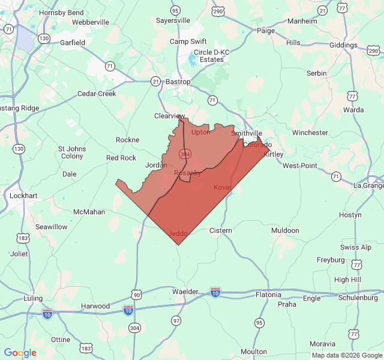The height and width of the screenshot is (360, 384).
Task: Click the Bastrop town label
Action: [178, 82]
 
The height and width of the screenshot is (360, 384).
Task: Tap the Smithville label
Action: [247, 133]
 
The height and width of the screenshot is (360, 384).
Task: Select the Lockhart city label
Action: [23, 196]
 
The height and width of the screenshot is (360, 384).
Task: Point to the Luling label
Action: [33, 298]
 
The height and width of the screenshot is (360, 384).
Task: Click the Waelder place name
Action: [185, 292]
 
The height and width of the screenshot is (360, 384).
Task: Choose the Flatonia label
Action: [268, 295]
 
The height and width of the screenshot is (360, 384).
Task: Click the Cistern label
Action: [221, 230]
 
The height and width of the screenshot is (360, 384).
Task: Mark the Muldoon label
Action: [285, 230]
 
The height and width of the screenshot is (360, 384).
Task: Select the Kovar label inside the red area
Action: [222, 188]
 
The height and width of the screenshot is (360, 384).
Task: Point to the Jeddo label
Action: [179, 233]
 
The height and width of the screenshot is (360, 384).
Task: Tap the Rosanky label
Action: [187, 173]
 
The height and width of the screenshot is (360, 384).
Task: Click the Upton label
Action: [200, 132]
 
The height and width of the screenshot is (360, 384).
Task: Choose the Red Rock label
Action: [121, 158]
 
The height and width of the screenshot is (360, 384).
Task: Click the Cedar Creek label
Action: [97, 94]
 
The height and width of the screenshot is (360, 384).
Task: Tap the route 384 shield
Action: [184, 155]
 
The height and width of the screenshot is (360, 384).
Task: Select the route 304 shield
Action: [134, 328]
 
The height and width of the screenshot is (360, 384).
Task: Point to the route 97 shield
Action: [176, 321]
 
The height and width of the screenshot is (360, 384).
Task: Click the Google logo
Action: [20, 353]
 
